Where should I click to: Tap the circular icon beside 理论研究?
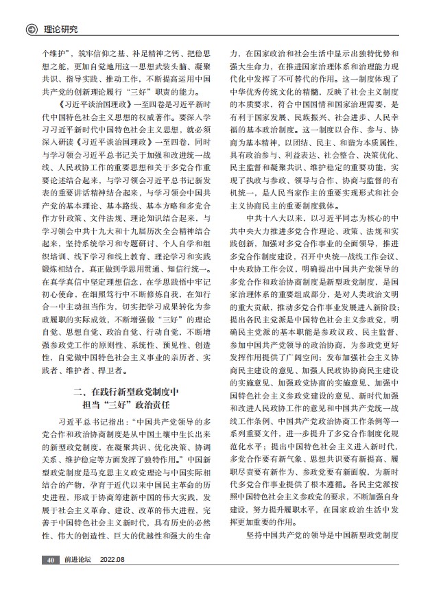pyautogui.click(x=31, y=29)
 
